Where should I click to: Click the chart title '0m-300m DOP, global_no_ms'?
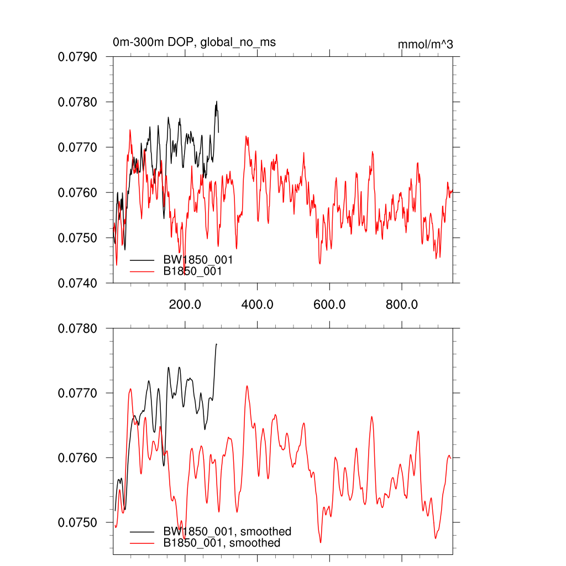point(194,43)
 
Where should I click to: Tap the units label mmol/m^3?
point(425,44)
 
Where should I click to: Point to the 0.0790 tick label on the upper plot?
point(78,57)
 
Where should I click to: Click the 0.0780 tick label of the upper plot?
point(78,102)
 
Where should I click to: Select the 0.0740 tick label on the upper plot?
point(78,283)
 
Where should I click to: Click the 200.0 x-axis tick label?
point(185,304)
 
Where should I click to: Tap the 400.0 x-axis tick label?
point(257,304)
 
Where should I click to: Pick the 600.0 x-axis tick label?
point(329,304)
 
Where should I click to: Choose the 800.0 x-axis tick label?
point(401,304)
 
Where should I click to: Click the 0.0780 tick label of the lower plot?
point(78,329)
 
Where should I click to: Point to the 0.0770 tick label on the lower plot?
point(78,394)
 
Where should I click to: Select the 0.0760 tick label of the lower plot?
point(78,458)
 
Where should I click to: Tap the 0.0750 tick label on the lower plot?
point(78,523)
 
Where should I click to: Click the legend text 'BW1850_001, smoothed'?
point(227,532)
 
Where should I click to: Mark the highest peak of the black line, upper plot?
point(217,101)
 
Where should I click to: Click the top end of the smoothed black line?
point(217,344)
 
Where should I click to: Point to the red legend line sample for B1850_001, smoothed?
point(141,543)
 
